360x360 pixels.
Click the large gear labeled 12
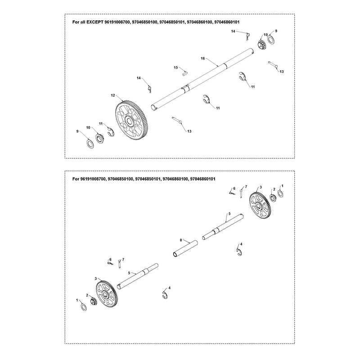click(x=131, y=120)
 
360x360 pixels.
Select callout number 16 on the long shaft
click(x=203, y=58)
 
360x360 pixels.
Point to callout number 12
click(x=113, y=95)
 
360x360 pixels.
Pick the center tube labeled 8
click(x=185, y=249)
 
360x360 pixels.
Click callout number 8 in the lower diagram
click(x=181, y=240)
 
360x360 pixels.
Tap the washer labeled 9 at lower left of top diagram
click(x=90, y=144)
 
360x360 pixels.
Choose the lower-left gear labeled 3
click(x=107, y=294)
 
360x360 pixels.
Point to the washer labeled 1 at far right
click(x=280, y=193)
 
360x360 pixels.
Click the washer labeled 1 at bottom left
click(x=84, y=307)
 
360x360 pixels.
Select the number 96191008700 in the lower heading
click(x=93, y=179)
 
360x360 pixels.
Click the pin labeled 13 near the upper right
click(x=273, y=64)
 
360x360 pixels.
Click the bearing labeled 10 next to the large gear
click(x=100, y=139)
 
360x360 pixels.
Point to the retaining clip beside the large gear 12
click(x=111, y=132)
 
